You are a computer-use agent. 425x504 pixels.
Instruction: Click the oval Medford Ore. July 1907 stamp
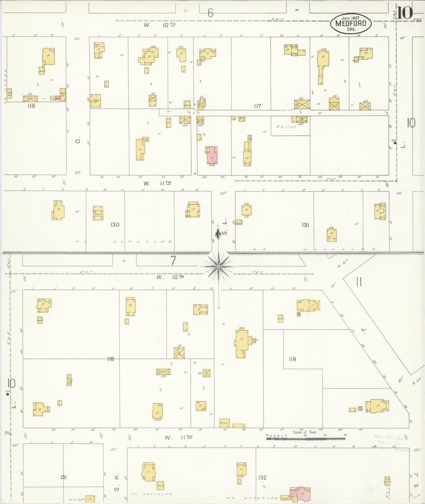click(x=351, y=24)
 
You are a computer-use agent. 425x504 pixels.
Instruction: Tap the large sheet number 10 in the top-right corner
click(x=406, y=13)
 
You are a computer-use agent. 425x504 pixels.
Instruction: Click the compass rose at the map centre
click(x=218, y=266)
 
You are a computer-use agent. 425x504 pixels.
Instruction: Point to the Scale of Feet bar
click(x=306, y=438)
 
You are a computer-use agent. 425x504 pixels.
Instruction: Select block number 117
click(x=257, y=106)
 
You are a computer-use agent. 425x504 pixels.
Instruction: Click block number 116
click(x=31, y=106)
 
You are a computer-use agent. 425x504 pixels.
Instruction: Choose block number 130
click(x=115, y=225)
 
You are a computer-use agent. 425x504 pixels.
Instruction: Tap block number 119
click(x=292, y=359)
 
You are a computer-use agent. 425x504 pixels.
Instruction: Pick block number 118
click(x=110, y=359)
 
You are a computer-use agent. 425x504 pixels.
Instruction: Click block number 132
click(x=262, y=478)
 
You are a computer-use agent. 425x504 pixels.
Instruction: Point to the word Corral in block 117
click(x=286, y=127)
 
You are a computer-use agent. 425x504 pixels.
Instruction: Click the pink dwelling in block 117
click(x=212, y=155)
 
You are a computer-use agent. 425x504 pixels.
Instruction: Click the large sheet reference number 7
click(x=173, y=261)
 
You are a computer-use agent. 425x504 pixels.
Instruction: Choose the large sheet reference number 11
click(x=359, y=282)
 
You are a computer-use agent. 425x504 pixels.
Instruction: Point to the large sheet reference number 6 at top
click(x=210, y=13)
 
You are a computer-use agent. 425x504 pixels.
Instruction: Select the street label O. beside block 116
click(x=78, y=141)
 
